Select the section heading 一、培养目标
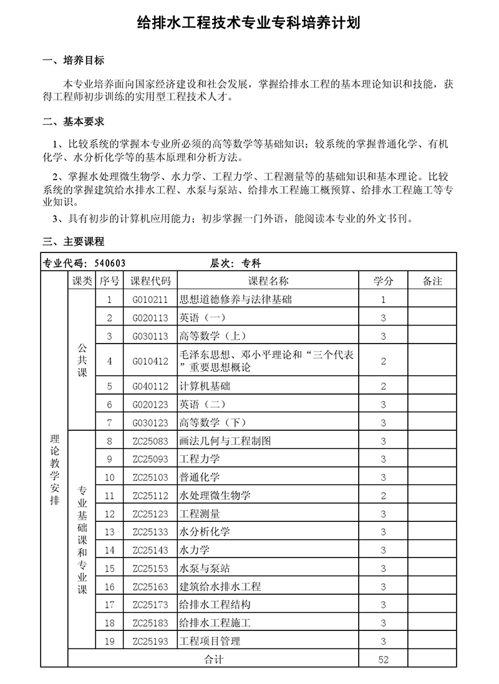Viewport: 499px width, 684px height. [x=72, y=60]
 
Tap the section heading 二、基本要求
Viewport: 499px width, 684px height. [x=72, y=121]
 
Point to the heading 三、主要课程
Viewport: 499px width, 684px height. [x=72, y=241]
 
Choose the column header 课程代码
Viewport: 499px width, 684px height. [x=150, y=281]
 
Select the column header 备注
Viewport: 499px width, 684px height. [x=432, y=281]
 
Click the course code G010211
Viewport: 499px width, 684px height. [x=150, y=300]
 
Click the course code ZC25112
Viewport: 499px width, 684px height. [x=150, y=496]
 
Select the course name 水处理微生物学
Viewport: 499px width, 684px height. [x=215, y=496]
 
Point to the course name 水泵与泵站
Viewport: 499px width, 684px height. [x=205, y=569]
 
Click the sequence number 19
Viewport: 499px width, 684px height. [x=110, y=641]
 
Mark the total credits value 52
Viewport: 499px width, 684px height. [x=383, y=660]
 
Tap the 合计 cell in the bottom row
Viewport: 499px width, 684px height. [x=213, y=660]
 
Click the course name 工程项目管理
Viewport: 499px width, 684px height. [x=210, y=641]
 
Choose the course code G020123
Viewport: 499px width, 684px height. [x=150, y=405]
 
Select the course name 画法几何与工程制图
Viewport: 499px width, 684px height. [x=225, y=441]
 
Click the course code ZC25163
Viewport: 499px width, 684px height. [x=150, y=587]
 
